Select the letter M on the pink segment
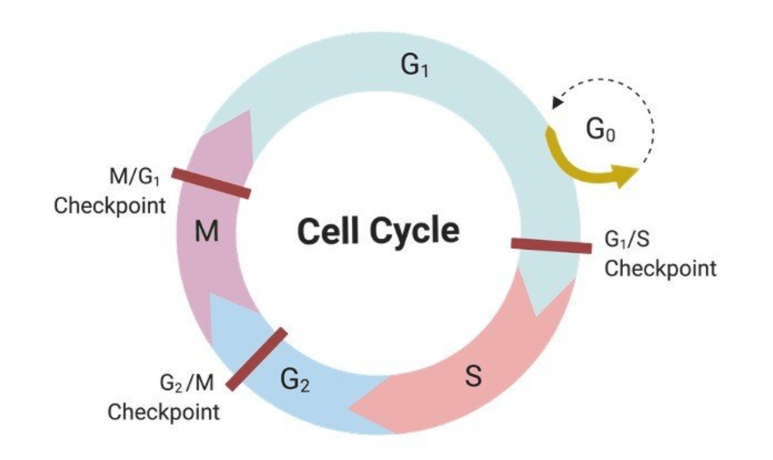207,233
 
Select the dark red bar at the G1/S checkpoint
550,245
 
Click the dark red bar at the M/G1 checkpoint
211,183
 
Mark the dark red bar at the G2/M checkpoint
257,359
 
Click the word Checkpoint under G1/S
660,268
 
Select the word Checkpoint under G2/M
164,412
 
